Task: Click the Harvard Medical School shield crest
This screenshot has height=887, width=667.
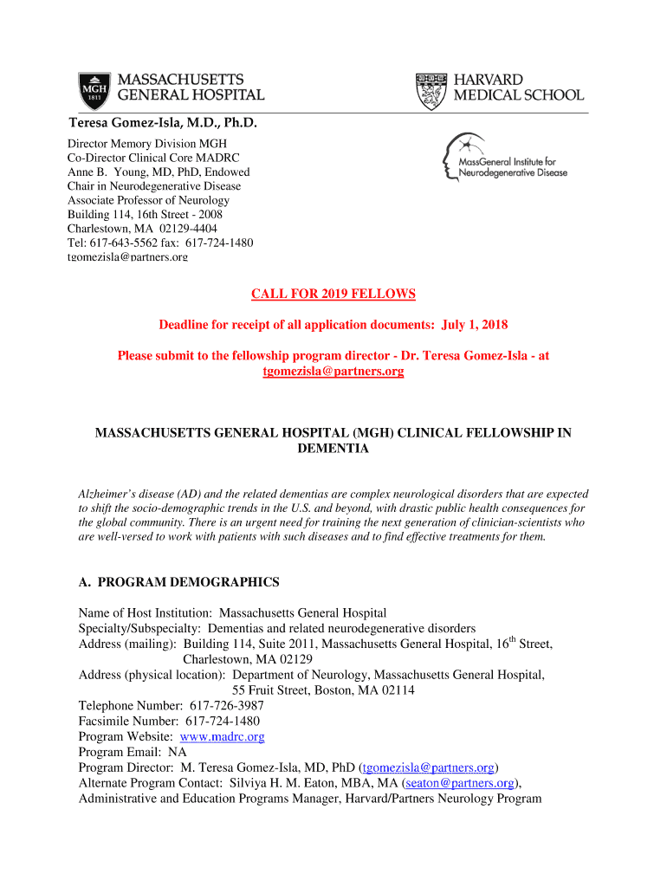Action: tap(431, 89)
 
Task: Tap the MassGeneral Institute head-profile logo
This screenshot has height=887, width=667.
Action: tap(456, 158)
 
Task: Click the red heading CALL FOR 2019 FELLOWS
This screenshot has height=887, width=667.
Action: tap(333, 295)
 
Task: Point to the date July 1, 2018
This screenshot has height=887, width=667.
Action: tap(475, 325)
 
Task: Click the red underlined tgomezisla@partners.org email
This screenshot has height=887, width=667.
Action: tap(333, 372)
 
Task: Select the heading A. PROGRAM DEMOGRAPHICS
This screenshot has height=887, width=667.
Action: tap(179, 582)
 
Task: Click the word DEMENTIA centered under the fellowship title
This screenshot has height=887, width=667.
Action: tap(333, 449)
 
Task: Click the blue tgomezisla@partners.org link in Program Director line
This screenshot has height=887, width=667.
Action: tap(428, 767)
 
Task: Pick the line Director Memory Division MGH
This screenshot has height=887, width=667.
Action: tap(147, 143)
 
